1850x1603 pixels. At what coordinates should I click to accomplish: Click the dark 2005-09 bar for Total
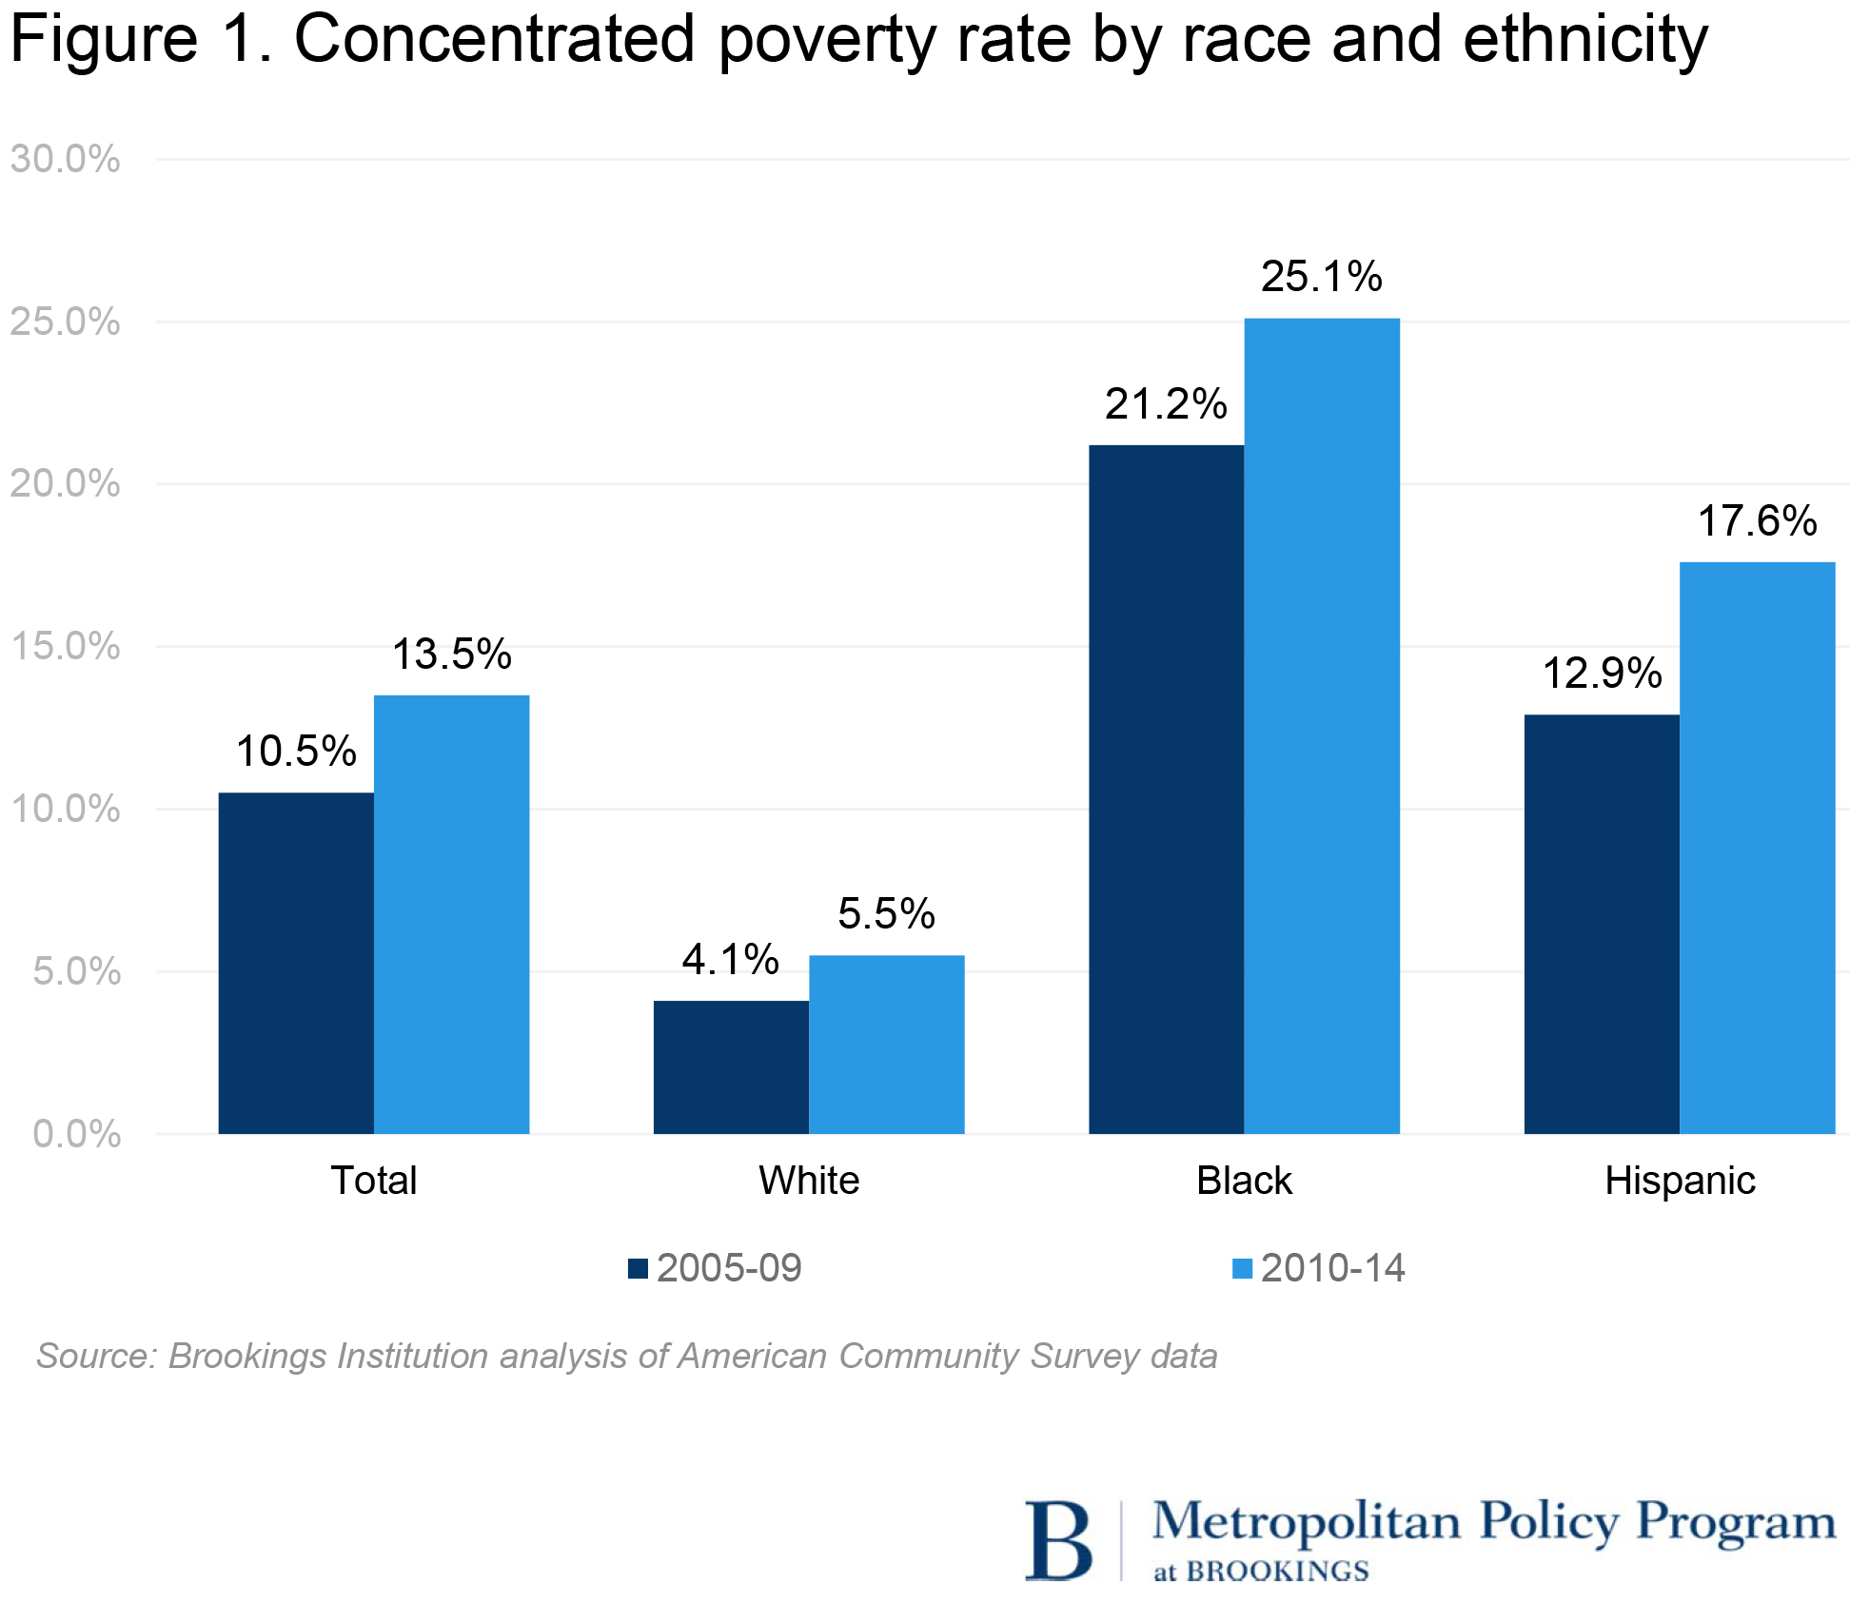click(x=296, y=962)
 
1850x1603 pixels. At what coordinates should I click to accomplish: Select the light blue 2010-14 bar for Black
click(x=1322, y=725)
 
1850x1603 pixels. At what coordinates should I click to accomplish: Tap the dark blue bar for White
click(x=731, y=1066)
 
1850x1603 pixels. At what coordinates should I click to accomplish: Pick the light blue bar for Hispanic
click(x=1757, y=847)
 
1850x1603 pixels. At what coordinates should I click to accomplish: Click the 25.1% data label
click(x=1321, y=277)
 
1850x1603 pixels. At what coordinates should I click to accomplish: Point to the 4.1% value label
click(x=730, y=959)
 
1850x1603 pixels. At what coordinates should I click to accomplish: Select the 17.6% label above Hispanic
click(x=1757, y=521)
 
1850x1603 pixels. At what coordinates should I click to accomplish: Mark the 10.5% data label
click(x=296, y=752)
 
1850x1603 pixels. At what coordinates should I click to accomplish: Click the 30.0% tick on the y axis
click(x=66, y=159)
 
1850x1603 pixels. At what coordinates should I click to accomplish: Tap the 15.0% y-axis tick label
click(x=66, y=647)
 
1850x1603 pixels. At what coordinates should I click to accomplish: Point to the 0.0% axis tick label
click(x=76, y=1134)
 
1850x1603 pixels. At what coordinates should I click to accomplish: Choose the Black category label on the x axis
click(x=1244, y=1181)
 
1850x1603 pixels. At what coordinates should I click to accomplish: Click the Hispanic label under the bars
click(x=1680, y=1181)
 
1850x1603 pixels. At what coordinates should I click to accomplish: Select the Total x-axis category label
click(x=374, y=1181)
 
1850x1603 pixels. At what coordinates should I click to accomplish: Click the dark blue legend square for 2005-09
click(x=638, y=1268)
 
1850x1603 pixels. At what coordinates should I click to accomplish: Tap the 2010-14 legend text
click(x=1332, y=1268)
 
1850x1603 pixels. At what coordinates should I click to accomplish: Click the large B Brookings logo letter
click(x=1057, y=1541)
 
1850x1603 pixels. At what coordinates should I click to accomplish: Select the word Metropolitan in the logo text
click(x=1306, y=1522)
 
